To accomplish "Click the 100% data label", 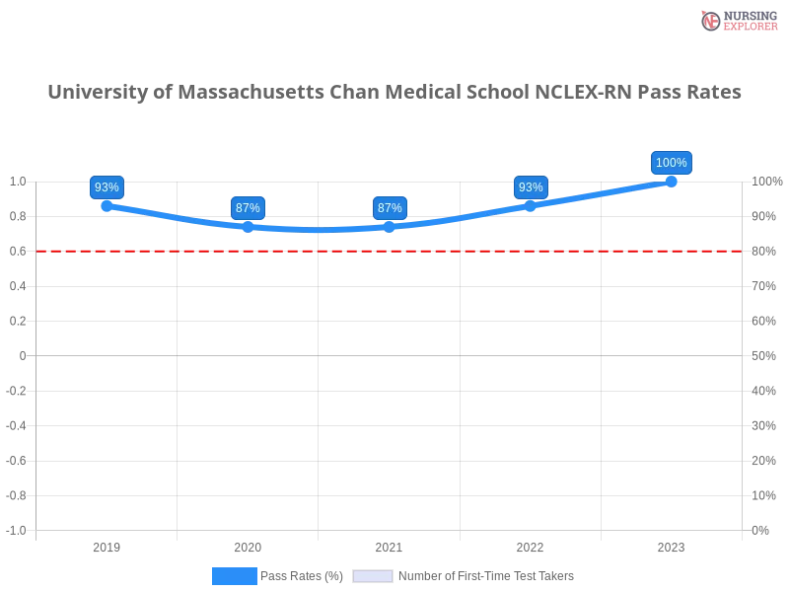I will tap(672, 163).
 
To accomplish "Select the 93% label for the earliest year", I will tap(107, 187).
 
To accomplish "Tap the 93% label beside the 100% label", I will tap(531, 187).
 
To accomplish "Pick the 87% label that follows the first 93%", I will tap(248, 208).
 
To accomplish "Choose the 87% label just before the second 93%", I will tap(390, 208).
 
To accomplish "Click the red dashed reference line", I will tap(296, 251).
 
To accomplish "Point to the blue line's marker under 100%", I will tap(672, 181).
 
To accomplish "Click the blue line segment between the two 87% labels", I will tap(319, 230).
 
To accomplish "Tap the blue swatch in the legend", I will tap(234, 576).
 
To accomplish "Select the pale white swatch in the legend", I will tap(373, 576).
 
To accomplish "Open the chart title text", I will tap(394, 94).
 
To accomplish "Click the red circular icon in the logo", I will tap(711, 21).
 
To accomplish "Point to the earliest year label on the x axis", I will tap(107, 545).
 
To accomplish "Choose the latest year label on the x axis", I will tap(672, 545).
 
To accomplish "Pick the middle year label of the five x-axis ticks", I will tap(388, 545).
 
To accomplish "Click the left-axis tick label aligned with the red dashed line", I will tap(19, 252).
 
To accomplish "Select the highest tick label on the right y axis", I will tap(766, 181).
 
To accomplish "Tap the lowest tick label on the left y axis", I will tap(18, 529).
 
